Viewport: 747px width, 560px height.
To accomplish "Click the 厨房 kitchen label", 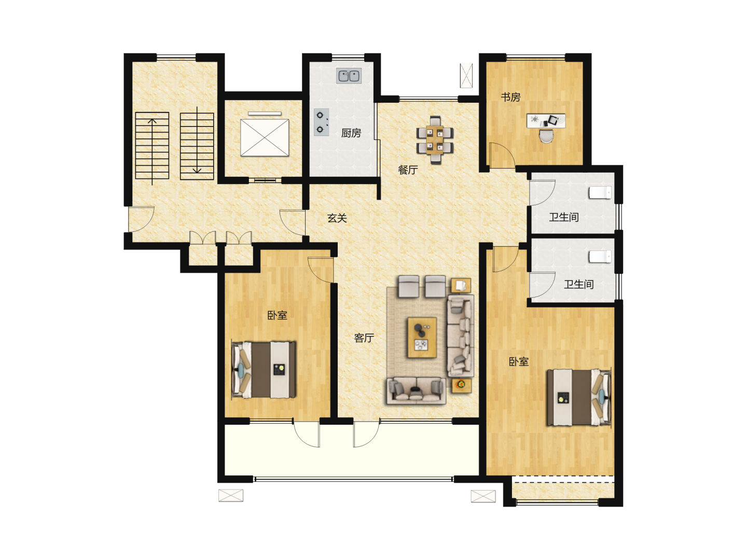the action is tap(351, 133).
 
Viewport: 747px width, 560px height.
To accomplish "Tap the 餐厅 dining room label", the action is tap(408, 170).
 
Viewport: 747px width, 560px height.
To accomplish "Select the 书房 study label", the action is tap(510, 97).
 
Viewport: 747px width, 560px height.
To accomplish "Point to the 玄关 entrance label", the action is tap(337, 218).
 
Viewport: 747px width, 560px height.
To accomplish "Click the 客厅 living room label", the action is tap(364, 338).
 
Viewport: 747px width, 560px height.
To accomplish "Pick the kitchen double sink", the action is tap(349, 76).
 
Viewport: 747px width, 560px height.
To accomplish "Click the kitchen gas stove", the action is tap(321, 122).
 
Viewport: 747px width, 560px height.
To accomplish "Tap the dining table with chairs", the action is tap(435, 140).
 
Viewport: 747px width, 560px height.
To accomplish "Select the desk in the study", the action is tap(546, 121).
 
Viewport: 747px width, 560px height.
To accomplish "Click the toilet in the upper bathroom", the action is tap(600, 193).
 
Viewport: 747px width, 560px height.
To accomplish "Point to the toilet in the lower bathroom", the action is tap(600, 257).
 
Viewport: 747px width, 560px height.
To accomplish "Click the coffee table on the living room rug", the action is tap(422, 337).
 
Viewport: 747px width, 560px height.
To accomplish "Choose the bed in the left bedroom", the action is tap(264, 370).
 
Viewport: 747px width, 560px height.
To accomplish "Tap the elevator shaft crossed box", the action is tap(265, 138).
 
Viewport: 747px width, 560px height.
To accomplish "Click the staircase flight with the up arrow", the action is tap(152, 146).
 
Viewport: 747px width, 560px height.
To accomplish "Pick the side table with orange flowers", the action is tap(461, 386).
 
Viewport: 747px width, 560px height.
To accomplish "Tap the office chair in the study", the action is tap(546, 136).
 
